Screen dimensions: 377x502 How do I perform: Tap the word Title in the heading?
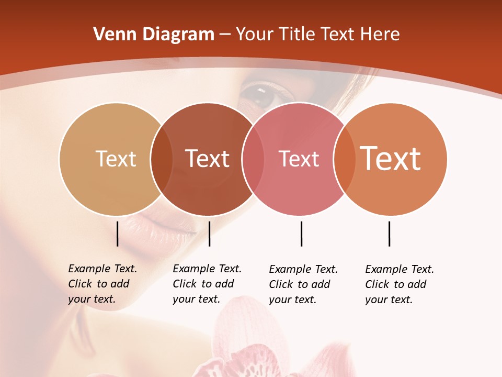pyautogui.click(x=296, y=35)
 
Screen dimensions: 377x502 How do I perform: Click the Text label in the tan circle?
pyautogui.click(x=116, y=159)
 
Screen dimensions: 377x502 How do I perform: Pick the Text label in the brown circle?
pyautogui.click(x=208, y=159)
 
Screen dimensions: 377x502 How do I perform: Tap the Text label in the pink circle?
pyautogui.click(x=299, y=159)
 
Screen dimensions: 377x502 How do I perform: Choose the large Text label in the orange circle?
pyautogui.click(x=391, y=159)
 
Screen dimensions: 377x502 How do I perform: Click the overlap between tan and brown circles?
pyautogui.click(x=162, y=159)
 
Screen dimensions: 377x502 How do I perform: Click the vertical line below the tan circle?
pyautogui.click(x=118, y=234)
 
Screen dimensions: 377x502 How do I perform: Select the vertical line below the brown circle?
pyautogui.click(x=209, y=234)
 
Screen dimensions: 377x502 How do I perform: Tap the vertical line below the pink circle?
pyautogui.click(x=301, y=234)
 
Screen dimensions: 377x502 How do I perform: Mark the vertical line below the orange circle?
pyautogui.click(x=389, y=234)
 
